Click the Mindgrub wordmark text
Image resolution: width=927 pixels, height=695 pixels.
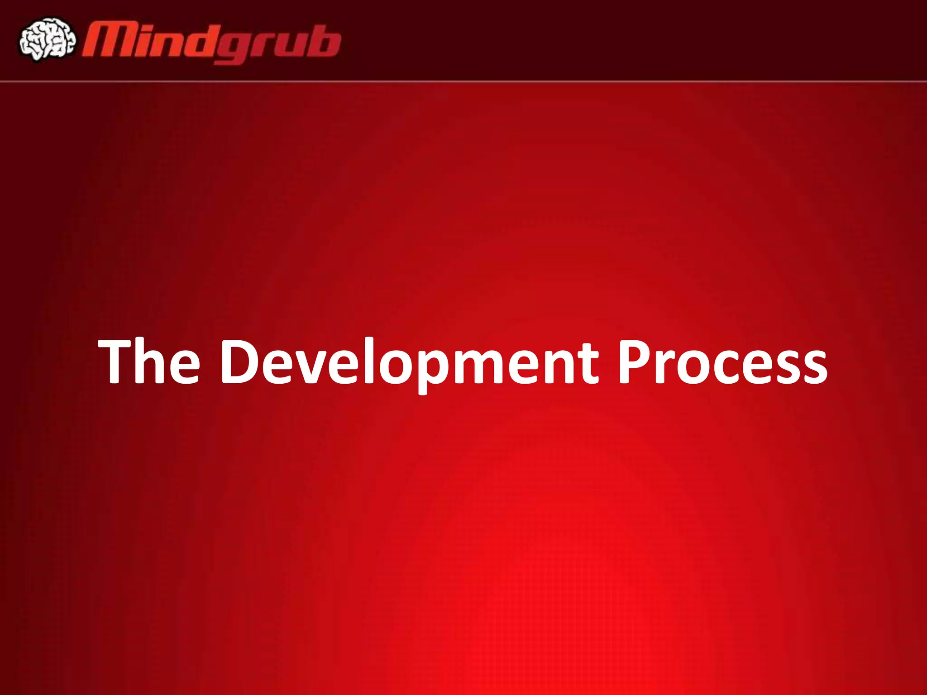click(x=211, y=43)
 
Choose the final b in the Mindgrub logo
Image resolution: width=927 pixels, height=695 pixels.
click(x=324, y=42)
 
